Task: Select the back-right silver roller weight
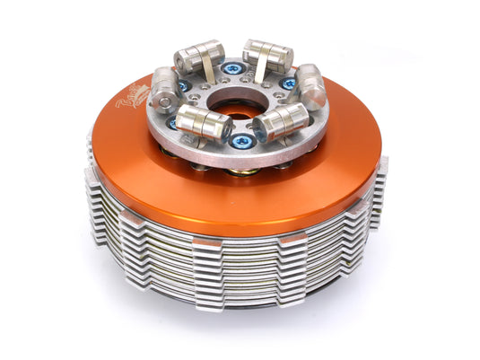pyautogui.click(x=266, y=55)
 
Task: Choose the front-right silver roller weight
pyautogui.click(x=284, y=121)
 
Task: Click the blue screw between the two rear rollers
pyautogui.click(x=233, y=68)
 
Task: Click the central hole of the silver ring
pyautogui.click(x=236, y=102)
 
